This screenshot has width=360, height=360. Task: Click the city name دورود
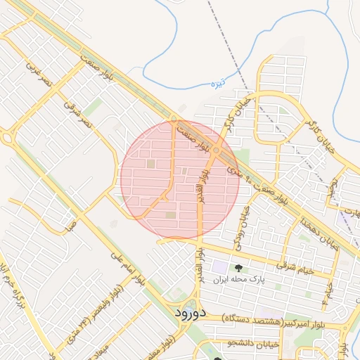coord(188,311)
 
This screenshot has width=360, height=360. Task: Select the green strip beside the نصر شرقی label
coord(94,108)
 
